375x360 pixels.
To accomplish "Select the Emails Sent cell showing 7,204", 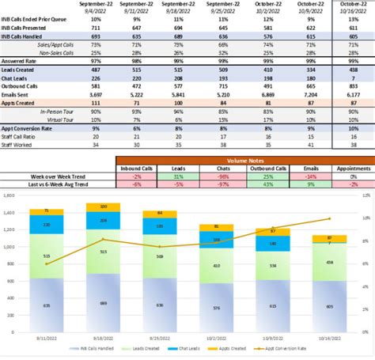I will (x=309, y=93).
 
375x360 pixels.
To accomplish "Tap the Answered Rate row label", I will (x=21, y=59).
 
